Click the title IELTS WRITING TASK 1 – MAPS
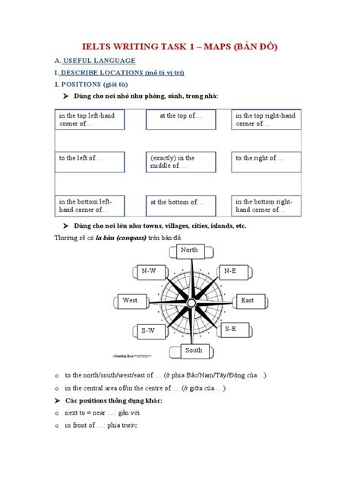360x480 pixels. click(180, 47)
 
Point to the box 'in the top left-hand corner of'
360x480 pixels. click(90, 120)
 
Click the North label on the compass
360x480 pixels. click(189, 251)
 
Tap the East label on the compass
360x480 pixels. click(247, 301)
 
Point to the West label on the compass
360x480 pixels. click(131, 301)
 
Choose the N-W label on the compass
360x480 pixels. click(150, 270)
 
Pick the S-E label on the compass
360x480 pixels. click(230, 329)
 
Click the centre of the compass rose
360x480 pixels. click(189, 300)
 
